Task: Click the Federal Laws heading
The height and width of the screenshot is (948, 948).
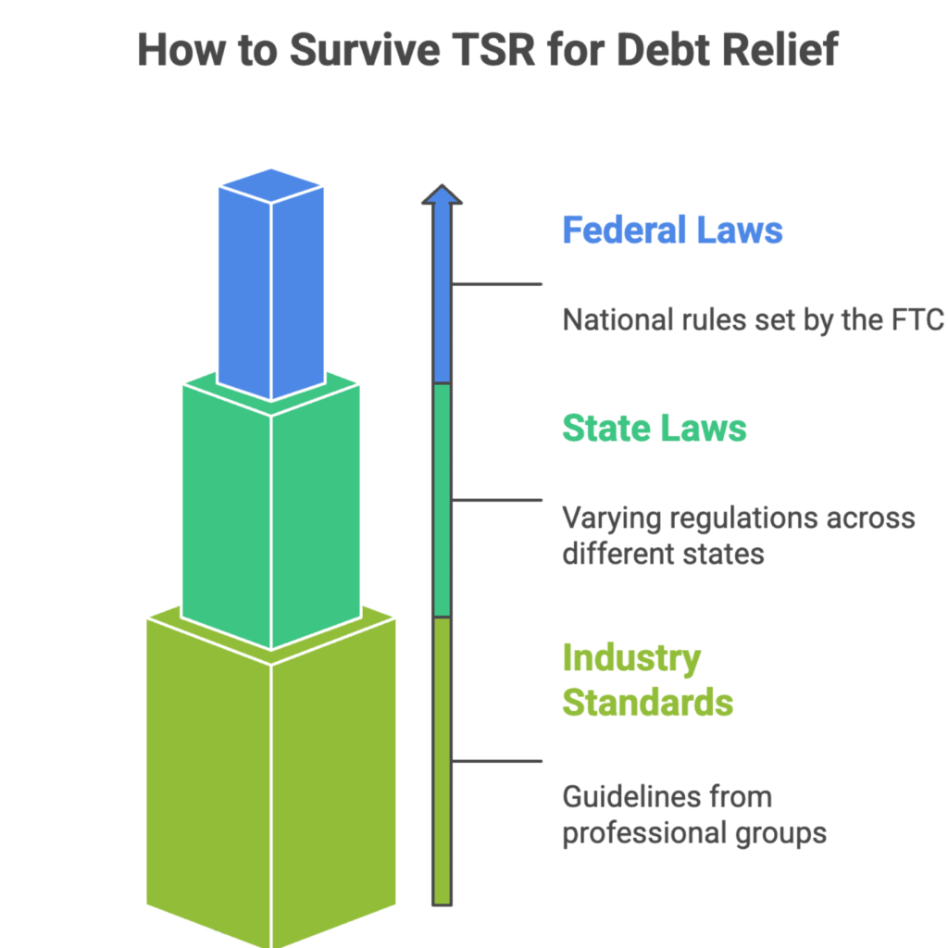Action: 672,230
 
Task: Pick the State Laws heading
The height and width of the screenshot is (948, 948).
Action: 654,428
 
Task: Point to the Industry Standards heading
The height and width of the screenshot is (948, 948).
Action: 647,680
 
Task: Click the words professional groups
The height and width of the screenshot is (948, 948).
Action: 694,832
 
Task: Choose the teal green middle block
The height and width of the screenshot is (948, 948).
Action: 271,518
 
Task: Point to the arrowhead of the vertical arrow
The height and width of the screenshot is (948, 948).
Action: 443,195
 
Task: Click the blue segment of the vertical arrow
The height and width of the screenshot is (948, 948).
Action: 443,296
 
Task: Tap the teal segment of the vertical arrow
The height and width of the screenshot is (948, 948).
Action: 443,500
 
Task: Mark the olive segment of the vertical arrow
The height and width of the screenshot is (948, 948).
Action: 443,759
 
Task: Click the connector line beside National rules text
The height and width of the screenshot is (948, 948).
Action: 496,284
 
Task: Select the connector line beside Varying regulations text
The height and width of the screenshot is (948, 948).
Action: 496,500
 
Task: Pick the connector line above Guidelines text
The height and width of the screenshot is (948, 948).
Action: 496,761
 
